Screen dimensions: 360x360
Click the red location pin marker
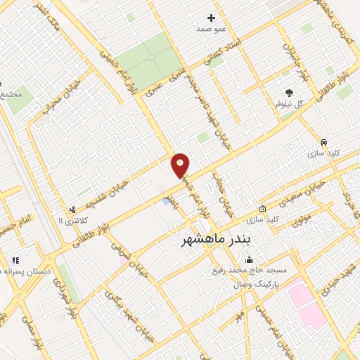pos(181,165)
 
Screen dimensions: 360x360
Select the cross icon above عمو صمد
pos(212,18)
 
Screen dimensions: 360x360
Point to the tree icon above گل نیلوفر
pos(289,92)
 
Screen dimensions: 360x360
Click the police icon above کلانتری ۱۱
pos(72,210)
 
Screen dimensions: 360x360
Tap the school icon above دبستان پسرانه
pos(15,261)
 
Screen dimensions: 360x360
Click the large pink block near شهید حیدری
pos(307,302)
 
